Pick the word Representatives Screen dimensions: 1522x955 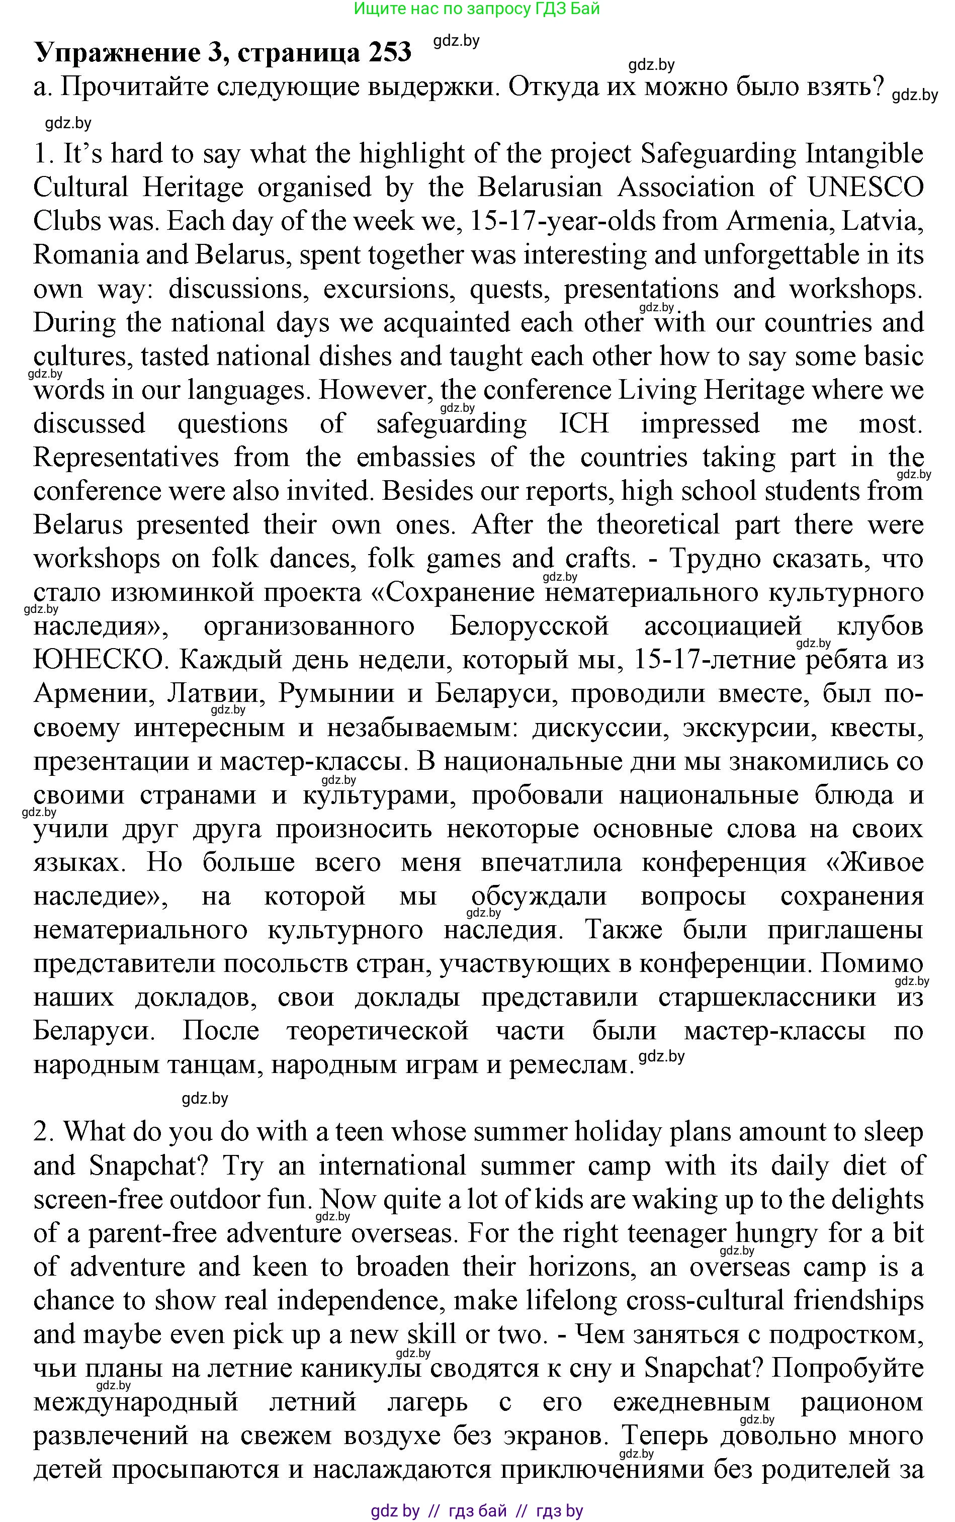(x=126, y=457)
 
